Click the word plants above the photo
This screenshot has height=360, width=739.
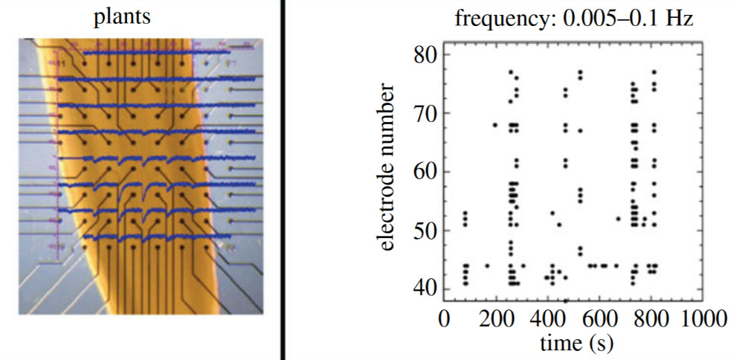click(122, 17)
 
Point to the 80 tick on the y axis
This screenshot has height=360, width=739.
click(425, 55)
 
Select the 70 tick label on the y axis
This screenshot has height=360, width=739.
click(425, 114)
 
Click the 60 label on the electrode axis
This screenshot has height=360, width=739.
click(425, 172)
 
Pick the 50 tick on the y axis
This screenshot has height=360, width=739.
click(425, 231)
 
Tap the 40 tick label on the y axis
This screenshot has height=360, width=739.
click(425, 289)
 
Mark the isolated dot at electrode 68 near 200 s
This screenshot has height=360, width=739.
click(495, 125)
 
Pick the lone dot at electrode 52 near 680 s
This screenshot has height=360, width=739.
click(618, 219)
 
